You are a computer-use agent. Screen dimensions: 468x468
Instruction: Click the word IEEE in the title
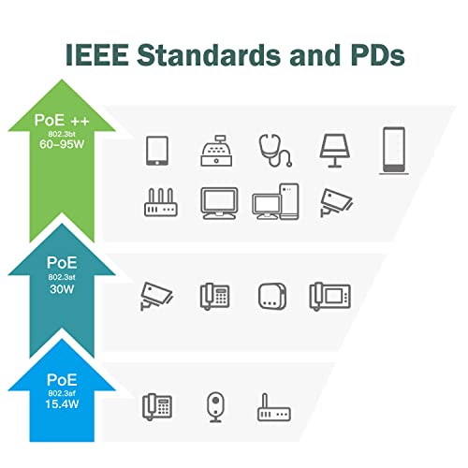click(97, 55)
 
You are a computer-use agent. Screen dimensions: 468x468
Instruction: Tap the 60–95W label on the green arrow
click(62, 144)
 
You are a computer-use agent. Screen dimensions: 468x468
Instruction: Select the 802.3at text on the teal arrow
click(62, 277)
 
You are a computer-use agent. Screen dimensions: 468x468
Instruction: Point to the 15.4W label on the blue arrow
click(62, 404)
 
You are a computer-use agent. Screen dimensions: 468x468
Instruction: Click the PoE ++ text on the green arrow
click(62, 121)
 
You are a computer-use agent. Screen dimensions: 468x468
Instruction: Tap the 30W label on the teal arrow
click(62, 289)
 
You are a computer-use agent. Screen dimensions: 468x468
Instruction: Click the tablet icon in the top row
click(157, 151)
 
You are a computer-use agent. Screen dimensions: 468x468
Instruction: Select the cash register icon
click(216, 151)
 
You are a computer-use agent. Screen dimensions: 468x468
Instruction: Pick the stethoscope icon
click(275, 151)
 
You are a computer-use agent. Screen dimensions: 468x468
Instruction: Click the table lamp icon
click(335, 151)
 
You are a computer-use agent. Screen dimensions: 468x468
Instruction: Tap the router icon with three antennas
click(161, 202)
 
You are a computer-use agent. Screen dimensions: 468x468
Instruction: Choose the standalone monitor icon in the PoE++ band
click(219, 203)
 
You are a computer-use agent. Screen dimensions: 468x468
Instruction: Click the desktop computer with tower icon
click(275, 201)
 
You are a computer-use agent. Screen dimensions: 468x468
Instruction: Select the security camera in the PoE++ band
click(336, 202)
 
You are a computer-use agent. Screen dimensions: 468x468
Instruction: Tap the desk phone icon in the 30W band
click(214, 296)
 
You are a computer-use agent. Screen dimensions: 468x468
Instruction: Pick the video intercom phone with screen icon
click(330, 296)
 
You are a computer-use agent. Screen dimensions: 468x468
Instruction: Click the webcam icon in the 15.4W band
click(215, 407)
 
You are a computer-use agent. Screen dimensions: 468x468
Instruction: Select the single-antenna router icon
click(273, 407)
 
